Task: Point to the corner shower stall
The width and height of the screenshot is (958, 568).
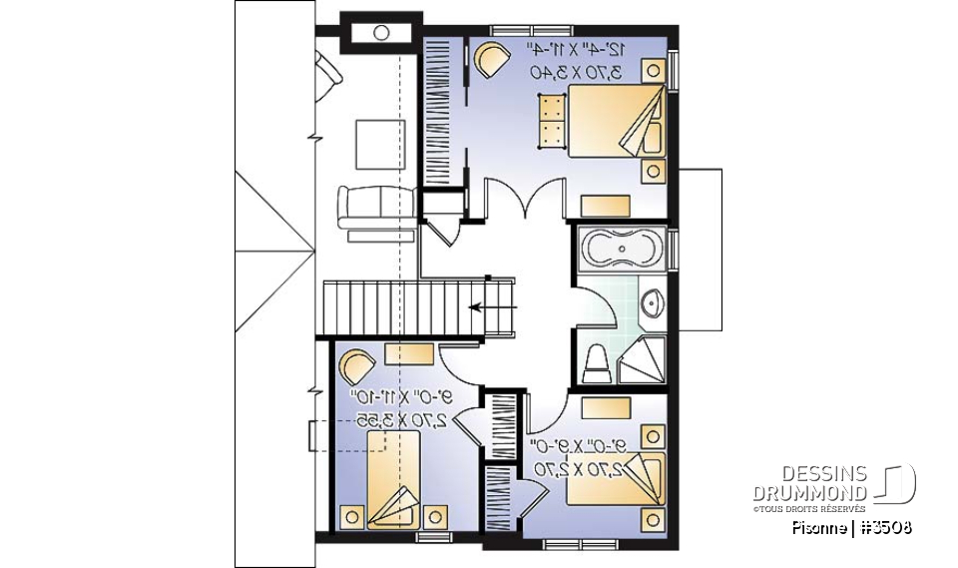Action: click(x=643, y=360)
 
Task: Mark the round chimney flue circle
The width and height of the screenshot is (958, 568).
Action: click(x=381, y=33)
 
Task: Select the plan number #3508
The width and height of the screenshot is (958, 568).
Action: click(x=886, y=527)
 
